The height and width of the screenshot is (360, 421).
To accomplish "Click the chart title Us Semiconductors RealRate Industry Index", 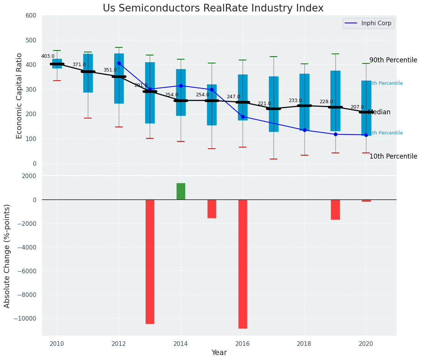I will coord(213,8).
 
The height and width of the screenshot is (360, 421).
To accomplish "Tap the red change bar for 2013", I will coord(150,261).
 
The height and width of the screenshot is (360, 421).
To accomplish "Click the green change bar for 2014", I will coord(181,191).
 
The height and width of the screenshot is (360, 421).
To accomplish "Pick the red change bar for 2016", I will coord(243,264).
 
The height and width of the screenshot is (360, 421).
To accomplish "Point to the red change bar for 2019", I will coord(335,209).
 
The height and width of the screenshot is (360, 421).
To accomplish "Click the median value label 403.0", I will coord(48,56).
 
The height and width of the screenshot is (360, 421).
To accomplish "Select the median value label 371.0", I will coord(79,65).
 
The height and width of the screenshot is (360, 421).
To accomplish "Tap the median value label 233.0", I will coord(295,101).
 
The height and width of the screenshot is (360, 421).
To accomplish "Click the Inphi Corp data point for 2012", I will coord(119,63).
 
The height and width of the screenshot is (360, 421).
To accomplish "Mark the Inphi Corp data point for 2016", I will coord(243,117).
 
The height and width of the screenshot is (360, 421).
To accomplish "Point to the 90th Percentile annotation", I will coord(393,60).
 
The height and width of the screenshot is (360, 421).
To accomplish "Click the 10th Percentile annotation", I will coord(393,157).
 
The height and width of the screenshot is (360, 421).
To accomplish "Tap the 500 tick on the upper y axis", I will coord(31,40).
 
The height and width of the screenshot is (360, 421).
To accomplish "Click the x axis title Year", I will coord(219,353).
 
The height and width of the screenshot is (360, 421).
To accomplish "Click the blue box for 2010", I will coord(57,63).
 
